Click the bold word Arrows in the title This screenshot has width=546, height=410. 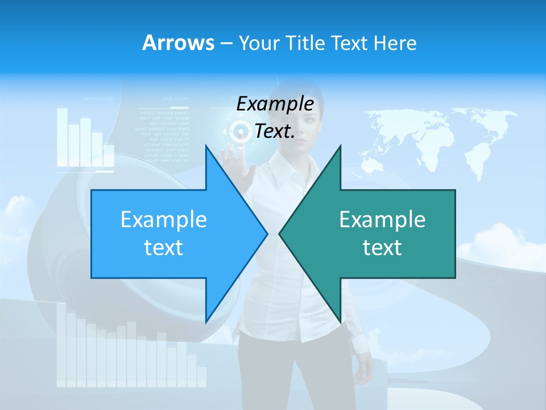[x=179, y=43]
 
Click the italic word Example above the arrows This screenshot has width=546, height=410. [x=275, y=104]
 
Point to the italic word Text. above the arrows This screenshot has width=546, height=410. [x=275, y=132]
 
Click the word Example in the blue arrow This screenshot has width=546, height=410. [x=163, y=220]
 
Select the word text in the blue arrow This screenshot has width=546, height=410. [x=163, y=248]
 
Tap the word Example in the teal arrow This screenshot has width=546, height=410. [x=382, y=220]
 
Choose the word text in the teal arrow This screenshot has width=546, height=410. [x=382, y=248]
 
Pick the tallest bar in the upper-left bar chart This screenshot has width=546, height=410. [x=62, y=137]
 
